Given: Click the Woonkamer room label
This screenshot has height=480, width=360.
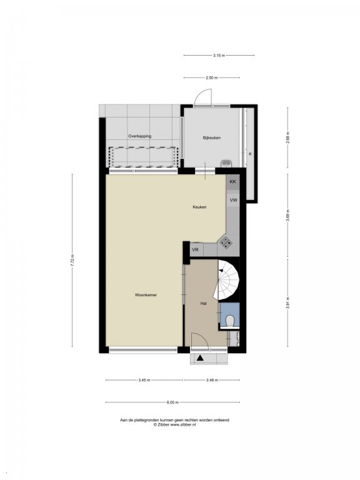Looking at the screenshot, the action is tap(146, 295).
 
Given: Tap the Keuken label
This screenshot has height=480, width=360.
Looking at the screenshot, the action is tap(199, 207).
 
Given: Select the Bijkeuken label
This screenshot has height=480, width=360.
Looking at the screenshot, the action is tap(211, 137).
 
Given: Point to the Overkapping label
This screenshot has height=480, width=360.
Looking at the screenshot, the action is tap(139, 136).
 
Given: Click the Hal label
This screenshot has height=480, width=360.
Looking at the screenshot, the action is tap(203, 303).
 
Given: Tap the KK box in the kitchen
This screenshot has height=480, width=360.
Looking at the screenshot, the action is tap(232, 181).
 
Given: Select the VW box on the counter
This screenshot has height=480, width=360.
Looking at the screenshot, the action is tap(233, 200).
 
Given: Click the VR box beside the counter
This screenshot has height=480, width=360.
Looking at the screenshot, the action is tap(195, 250).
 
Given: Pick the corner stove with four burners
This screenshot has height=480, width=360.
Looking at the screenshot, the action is tap(226, 242).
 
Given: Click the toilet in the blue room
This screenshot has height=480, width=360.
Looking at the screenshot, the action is tap(229, 321).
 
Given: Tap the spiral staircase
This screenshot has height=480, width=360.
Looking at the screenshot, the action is tap(227, 280).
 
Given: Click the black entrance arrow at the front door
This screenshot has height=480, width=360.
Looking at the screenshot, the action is tap(200, 357).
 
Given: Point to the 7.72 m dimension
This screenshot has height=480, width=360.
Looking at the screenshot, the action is tap(72, 261).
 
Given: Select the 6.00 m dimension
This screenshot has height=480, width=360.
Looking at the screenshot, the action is tap(172, 402).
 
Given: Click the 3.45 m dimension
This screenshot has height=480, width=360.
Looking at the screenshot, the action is tap(144, 380).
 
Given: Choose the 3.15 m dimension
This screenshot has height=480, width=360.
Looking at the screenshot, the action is tap(219, 56).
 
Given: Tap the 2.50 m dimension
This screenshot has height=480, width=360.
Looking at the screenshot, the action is tap(211, 77).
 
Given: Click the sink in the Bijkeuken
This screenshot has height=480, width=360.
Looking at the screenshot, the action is tap(226, 164).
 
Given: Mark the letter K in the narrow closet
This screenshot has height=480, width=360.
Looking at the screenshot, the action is tap(250, 154).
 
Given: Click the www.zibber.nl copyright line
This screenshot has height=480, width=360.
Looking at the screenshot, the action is tap(174, 424).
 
